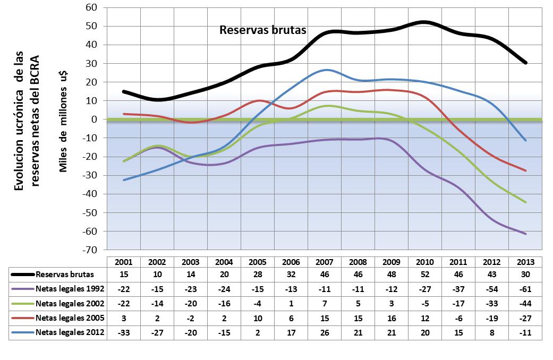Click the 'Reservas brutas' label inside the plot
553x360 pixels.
pos(263,30)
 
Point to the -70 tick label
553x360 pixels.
pos(91,250)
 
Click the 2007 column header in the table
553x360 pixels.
pos(324,262)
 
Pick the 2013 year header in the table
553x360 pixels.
pos(525,262)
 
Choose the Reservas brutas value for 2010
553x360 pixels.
pos(424,275)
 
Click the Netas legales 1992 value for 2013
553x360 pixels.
pos(525,289)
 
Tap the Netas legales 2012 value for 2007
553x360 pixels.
pos(324,333)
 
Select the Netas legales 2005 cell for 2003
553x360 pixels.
pos(190,319)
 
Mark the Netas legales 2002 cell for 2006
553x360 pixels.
pos(291,304)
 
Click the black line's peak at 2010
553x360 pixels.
pos(424,22)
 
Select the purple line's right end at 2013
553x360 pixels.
pos(525,234)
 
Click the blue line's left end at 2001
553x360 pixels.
pos(124,180)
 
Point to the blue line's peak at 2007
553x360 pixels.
pos(325,70)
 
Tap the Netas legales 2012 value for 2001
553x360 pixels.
pos(123,333)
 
